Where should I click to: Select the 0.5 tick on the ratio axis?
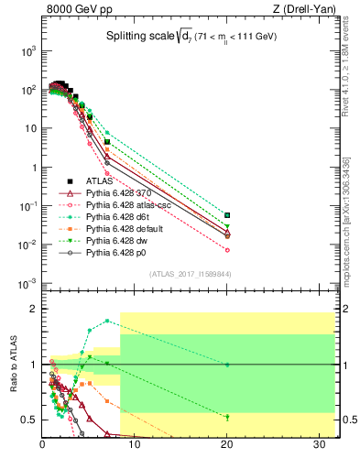click(27, 420)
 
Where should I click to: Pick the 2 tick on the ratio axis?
click(34, 309)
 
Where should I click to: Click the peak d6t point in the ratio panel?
click(108, 321)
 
